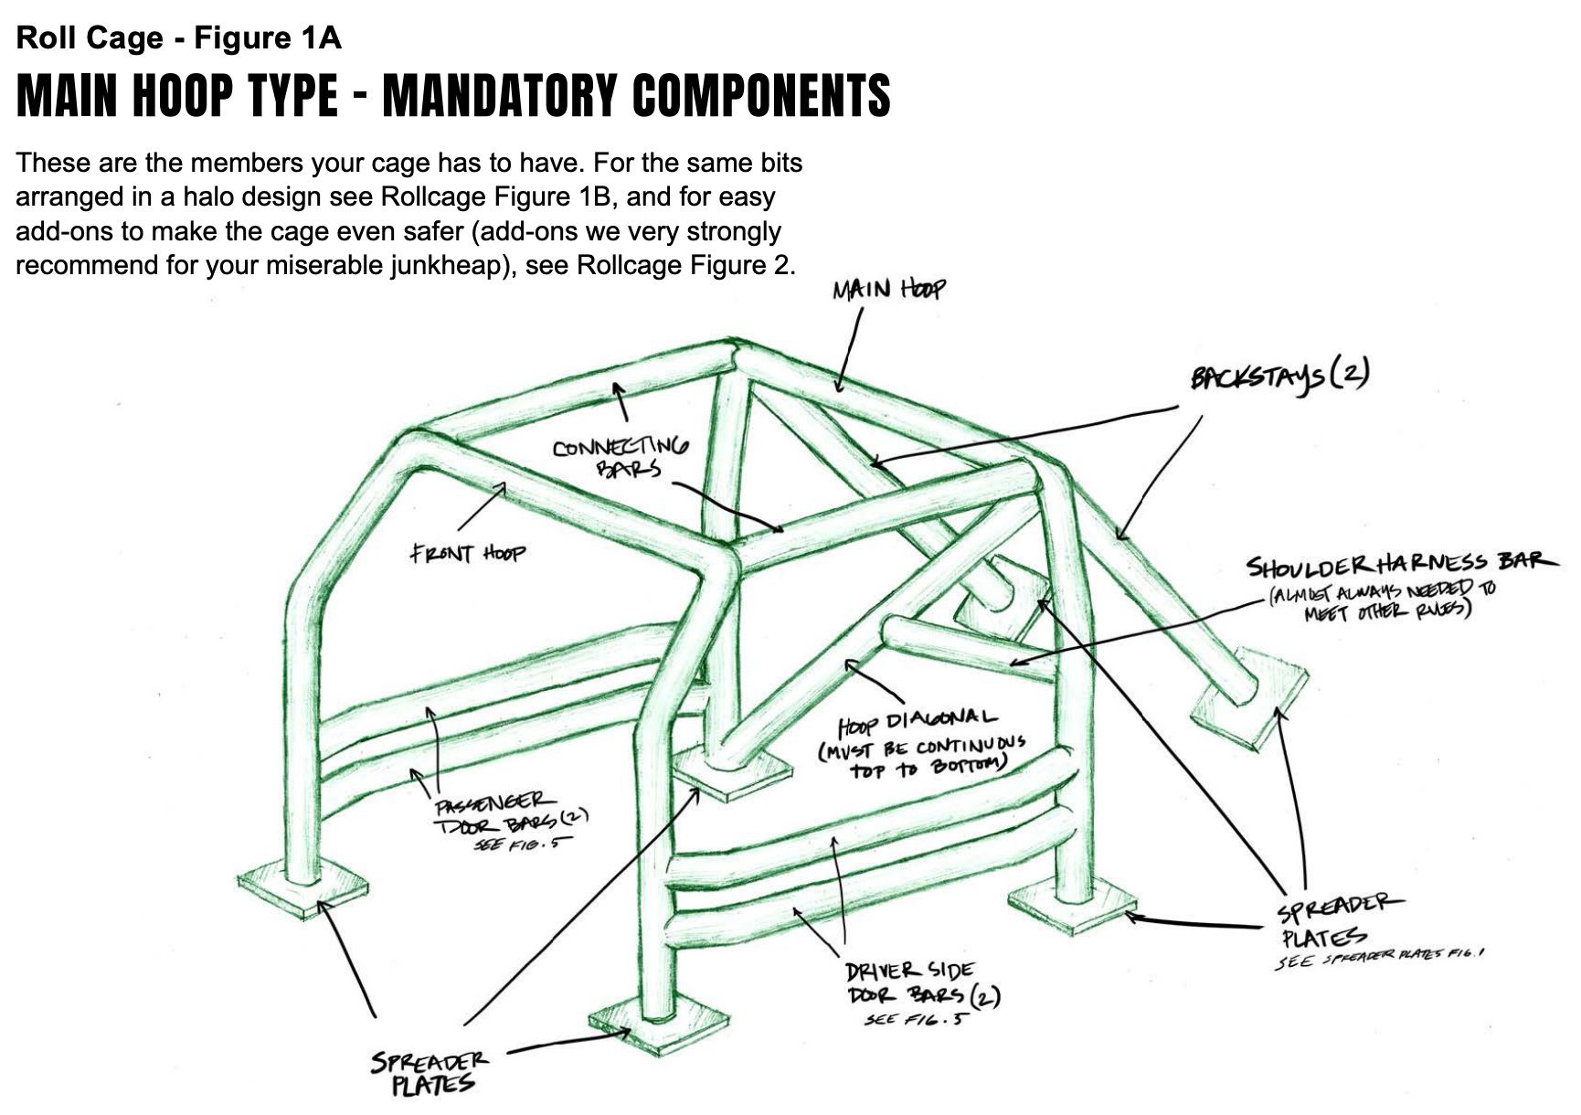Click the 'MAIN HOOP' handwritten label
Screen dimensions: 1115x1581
888,291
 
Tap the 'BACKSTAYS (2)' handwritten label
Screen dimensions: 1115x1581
1279,377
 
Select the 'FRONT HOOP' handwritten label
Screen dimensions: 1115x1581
467,553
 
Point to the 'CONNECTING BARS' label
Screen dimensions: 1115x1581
621,456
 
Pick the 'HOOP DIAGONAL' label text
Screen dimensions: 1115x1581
918,721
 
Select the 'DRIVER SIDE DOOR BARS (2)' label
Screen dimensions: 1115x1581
914,983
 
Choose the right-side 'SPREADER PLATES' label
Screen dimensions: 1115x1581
1334,921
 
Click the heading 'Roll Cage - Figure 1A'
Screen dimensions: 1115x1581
179,38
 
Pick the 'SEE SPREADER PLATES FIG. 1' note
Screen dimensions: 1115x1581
1380,957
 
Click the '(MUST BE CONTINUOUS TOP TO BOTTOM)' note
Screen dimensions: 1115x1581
921,757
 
